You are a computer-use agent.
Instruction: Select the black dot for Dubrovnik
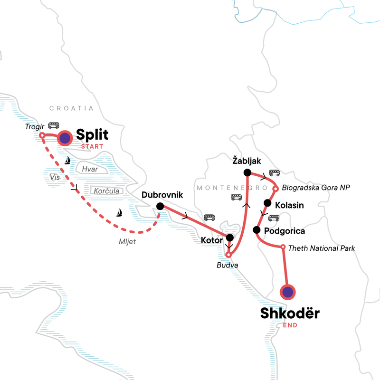[160, 206]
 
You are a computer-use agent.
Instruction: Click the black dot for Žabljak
[247, 172]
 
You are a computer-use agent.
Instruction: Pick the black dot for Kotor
[229, 237]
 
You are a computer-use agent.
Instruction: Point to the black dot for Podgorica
[256, 230]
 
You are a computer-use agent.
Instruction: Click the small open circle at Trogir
[42, 135]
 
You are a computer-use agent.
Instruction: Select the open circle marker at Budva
[228, 255]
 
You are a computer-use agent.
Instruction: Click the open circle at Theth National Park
[283, 247]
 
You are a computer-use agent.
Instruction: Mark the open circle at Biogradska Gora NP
[275, 189]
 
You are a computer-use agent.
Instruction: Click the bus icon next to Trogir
[53, 125]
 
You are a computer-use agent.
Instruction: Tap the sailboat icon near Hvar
[68, 161]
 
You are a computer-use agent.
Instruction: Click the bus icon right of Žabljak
[275, 173]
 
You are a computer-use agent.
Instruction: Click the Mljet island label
[127, 241]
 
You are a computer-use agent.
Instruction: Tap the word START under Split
[92, 147]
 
